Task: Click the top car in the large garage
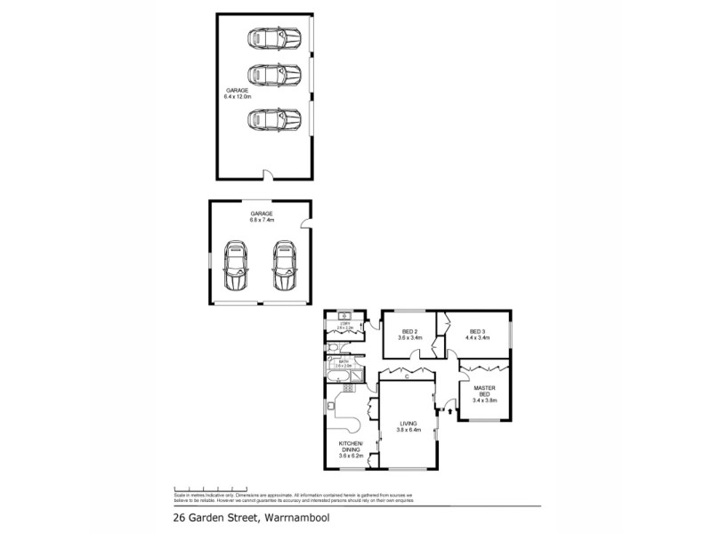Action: point(274,39)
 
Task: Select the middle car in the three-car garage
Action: point(274,73)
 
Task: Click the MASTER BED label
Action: point(484,393)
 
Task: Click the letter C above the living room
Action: point(406,377)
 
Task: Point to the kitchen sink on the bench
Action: point(330,406)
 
